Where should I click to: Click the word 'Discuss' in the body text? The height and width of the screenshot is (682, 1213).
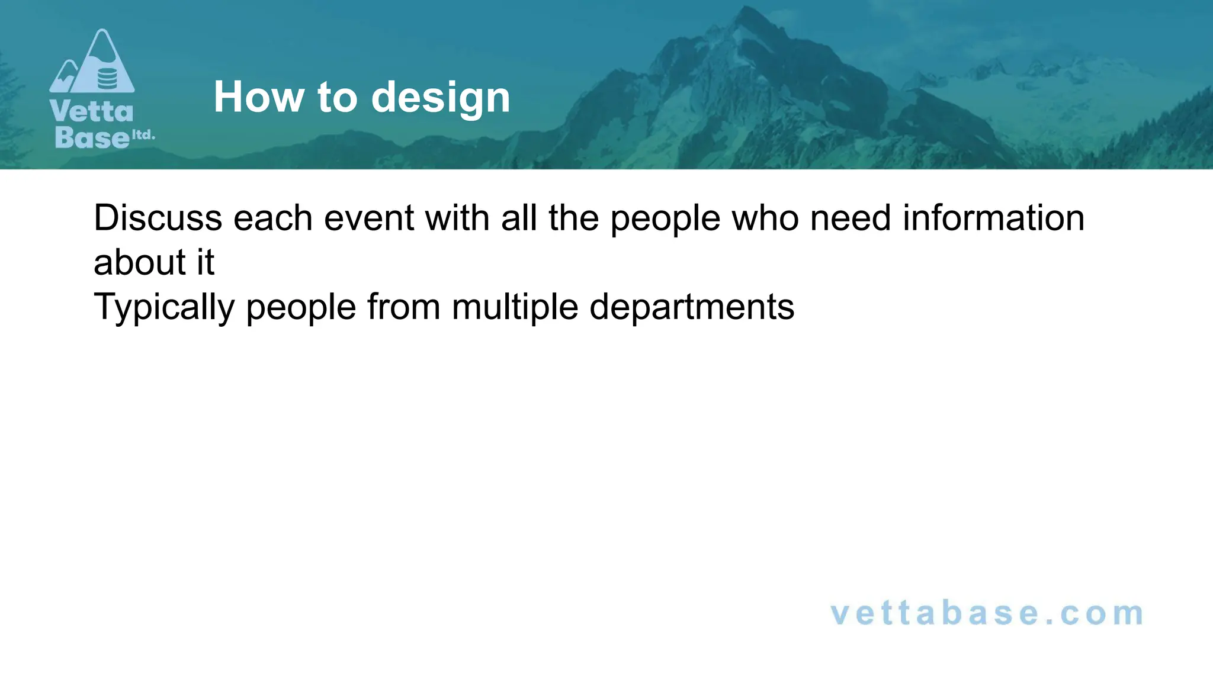(x=158, y=218)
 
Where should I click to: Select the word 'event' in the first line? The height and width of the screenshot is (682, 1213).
(x=368, y=218)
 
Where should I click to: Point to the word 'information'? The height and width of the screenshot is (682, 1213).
(x=993, y=218)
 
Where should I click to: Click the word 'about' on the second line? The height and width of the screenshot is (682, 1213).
(x=140, y=262)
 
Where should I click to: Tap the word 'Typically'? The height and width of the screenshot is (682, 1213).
(x=164, y=308)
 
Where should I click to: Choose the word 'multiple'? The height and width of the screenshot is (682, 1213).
(x=514, y=308)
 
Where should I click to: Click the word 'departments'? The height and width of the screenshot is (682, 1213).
(x=691, y=308)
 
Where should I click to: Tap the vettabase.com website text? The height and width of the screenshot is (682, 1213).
(x=987, y=613)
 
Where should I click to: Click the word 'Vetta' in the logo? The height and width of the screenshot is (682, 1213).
(x=92, y=112)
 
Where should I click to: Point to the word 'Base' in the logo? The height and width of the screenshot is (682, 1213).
(x=92, y=137)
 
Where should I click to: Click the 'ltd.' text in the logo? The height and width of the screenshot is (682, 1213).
(x=143, y=135)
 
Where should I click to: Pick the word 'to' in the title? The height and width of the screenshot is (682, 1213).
(x=338, y=98)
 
